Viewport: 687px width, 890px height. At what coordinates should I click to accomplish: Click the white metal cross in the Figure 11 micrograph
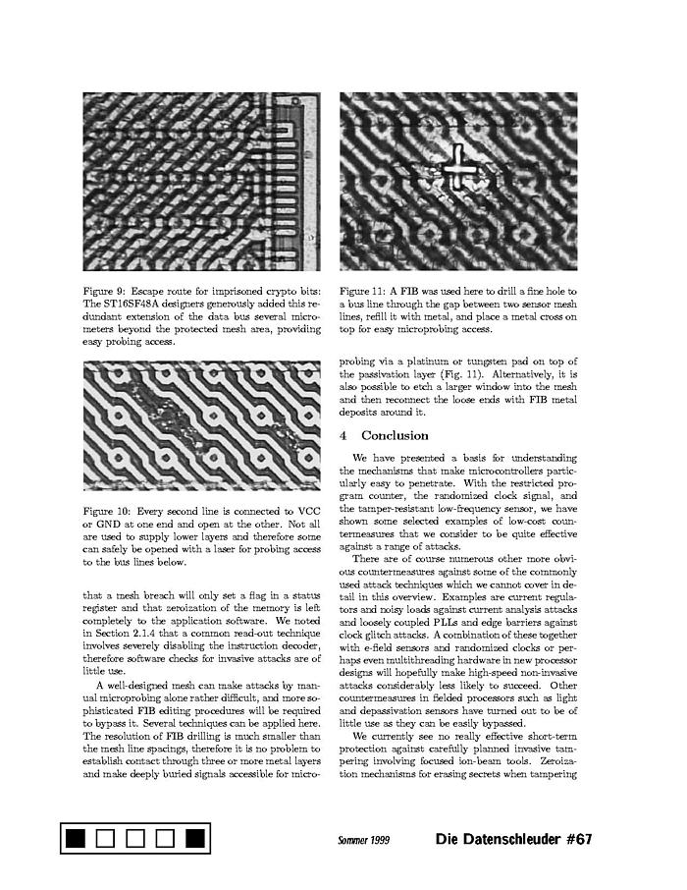click(457, 168)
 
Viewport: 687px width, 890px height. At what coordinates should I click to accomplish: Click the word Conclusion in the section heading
click(395, 435)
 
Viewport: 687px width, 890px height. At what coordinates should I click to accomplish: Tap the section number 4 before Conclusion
click(343, 435)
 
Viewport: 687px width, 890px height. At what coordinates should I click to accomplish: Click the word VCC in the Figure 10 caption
click(307, 512)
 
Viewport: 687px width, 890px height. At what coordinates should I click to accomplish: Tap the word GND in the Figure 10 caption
click(109, 525)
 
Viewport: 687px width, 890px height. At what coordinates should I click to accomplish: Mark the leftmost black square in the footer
click(76, 838)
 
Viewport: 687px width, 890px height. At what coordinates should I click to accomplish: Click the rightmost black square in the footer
click(194, 838)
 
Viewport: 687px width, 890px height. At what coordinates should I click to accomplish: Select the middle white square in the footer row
click(135, 838)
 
